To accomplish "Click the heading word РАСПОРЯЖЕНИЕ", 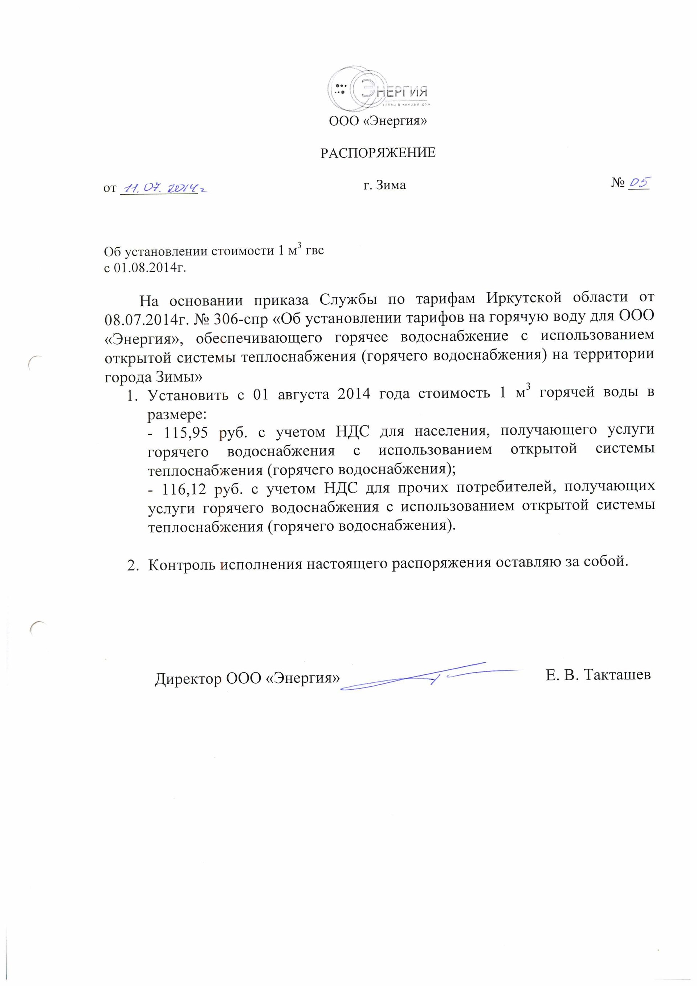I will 378,153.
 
